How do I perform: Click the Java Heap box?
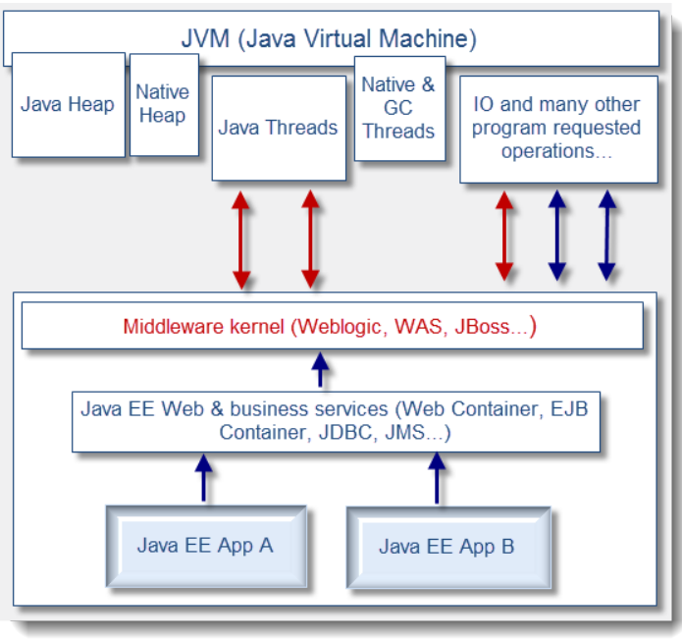pyautogui.click(x=68, y=104)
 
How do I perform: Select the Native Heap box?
pyautogui.click(x=163, y=103)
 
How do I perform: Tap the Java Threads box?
pyautogui.click(x=278, y=128)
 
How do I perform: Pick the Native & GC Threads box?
pyautogui.click(x=398, y=108)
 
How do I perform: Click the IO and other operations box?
pyautogui.click(x=557, y=128)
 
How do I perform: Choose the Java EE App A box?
pyautogui.click(x=205, y=546)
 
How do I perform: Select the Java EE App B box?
pyautogui.click(x=446, y=547)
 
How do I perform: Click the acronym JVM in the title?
pyautogui.click(x=207, y=40)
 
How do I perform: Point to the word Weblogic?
pyautogui.click(x=337, y=327)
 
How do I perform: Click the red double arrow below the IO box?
pyautogui.click(x=504, y=237)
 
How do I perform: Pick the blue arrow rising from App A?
pyautogui.click(x=204, y=477)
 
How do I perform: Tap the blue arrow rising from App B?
pyautogui.click(x=438, y=477)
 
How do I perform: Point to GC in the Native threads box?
pyautogui.click(x=398, y=108)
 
